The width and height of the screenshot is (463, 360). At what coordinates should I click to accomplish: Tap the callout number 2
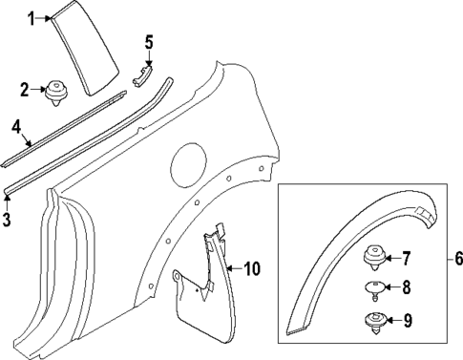pos(25,91)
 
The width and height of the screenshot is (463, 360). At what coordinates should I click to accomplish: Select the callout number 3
pos(7,221)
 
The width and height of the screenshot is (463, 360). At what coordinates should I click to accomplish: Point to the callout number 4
pos(16,125)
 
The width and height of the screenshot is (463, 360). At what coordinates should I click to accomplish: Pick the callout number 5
pos(148,41)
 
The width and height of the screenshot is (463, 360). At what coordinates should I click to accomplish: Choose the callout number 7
pos(405,257)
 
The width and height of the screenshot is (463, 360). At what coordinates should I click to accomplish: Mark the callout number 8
pos(405,286)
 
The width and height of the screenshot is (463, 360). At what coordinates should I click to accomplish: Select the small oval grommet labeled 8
pos(374,286)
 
